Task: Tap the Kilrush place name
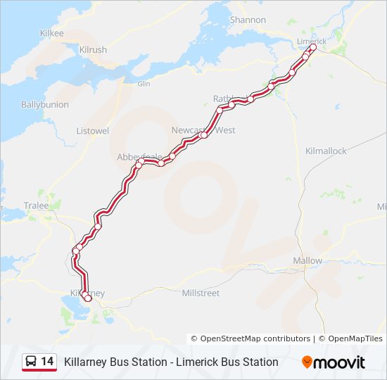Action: [93, 50]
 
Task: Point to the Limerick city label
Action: [311, 41]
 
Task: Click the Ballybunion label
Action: [45, 104]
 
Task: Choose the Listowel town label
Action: [92, 131]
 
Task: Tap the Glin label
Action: [144, 84]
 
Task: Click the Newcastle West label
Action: [203, 130]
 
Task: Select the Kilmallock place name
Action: [326, 151]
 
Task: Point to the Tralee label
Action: [37, 205]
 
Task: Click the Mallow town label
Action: [307, 260]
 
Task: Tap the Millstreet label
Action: [201, 293]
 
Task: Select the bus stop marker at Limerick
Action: [313, 49]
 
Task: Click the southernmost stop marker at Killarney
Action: [88, 298]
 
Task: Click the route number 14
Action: [47, 362]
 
